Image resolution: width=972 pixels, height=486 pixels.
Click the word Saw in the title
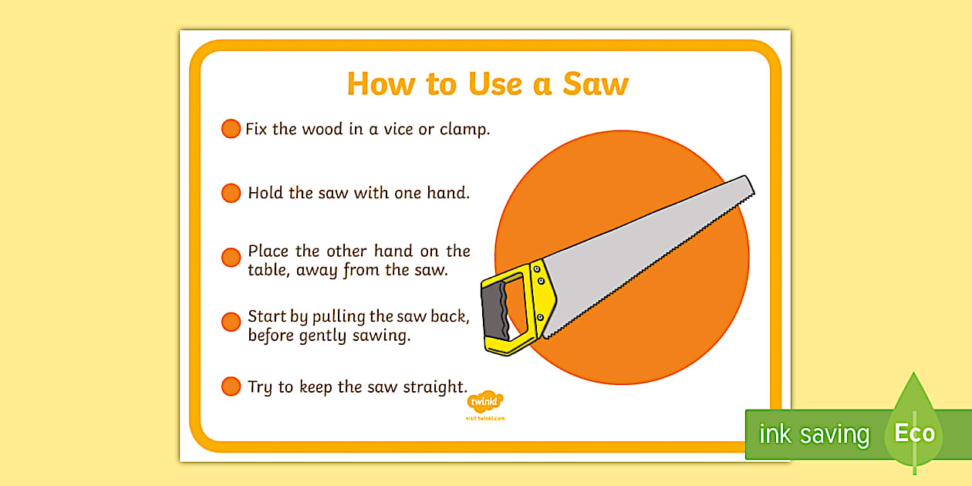pyautogui.click(x=596, y=83)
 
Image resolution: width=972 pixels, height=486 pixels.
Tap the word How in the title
pyautogui.click(x=380, y=83)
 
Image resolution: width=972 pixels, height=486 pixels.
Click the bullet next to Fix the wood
pyautogui.click(x=231, y=128)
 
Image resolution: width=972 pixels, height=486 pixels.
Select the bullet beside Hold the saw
pyautogui.click(x=231, y=193)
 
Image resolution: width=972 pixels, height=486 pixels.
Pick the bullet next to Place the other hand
pyautogui.click(x=231, y=258)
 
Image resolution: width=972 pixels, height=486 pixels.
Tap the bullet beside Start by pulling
pyautogui.click(x=231, y=322)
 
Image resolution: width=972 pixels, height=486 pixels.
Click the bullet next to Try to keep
pyautogui.click(x=231, y=386)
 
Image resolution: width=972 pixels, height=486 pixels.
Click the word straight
pyautogui.click(x=435, y=387)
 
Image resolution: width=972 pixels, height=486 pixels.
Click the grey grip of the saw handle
pyautogui.click(x=495, y=311)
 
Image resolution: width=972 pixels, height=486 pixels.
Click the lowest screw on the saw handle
pyautogui.click(x=540, y=318)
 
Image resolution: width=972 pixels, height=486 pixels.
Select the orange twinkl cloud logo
pyautogui.click(x=485, y=401)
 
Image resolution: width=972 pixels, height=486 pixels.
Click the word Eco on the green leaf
pyautogui.click(x=915, y=433)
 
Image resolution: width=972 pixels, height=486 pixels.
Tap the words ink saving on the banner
pyautogui.click(x=815, y=434)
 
